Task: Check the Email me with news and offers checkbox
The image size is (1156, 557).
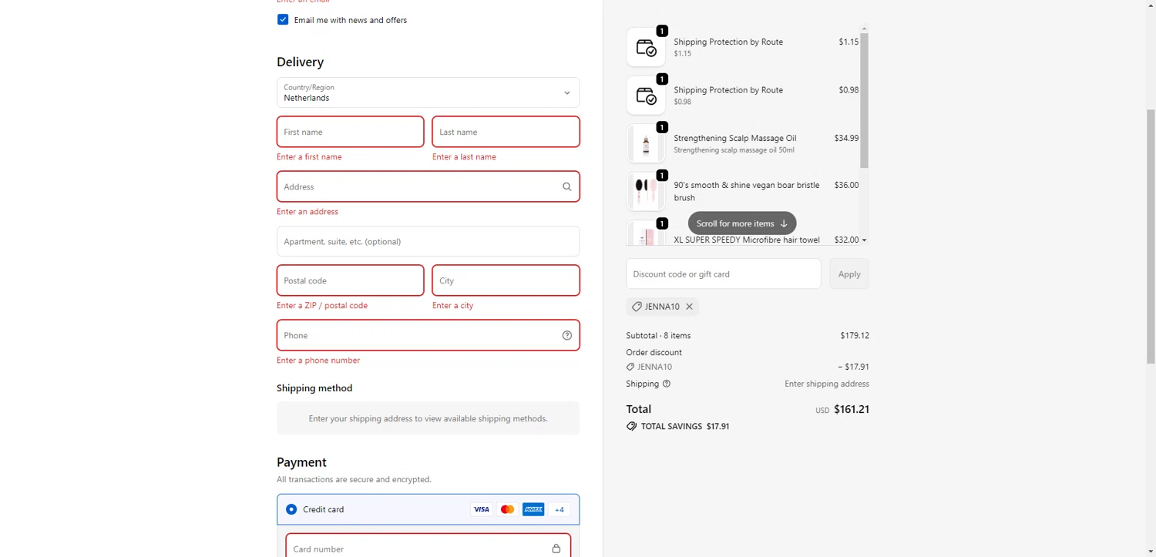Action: [283, 20]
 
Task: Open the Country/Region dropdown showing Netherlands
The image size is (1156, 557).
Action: [428, 92]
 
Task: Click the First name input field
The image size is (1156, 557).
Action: [350, 132]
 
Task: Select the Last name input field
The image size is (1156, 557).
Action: [506, 132]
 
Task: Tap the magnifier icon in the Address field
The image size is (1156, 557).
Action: [567, 186]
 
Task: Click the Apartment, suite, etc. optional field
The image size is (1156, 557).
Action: [428, 241]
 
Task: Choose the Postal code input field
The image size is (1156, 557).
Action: [350, 280]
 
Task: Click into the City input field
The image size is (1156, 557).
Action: [506, 280]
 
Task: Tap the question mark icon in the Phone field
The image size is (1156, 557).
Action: [567, 335]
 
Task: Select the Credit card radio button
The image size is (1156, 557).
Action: [291, 509]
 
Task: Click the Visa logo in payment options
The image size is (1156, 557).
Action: [482, 509]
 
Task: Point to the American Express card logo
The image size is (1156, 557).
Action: [533, 509]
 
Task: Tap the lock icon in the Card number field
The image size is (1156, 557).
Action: [556, 549]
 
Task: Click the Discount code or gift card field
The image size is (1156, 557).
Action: [723, 273]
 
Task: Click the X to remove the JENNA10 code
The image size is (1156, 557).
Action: [690, 307]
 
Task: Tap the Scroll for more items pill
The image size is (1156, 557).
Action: [741, 223]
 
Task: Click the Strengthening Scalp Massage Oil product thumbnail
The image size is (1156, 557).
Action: [646, 143]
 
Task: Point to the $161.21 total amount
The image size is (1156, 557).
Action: [852, 409]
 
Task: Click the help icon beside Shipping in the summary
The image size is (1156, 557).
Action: [667, 384]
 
